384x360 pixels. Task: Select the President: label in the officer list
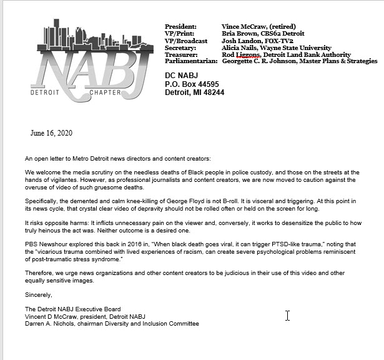pos(180,27)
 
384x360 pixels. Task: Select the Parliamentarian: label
pos(190,61)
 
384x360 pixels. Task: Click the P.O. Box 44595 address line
pos(192,83)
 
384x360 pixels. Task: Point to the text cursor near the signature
pos(288,315)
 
